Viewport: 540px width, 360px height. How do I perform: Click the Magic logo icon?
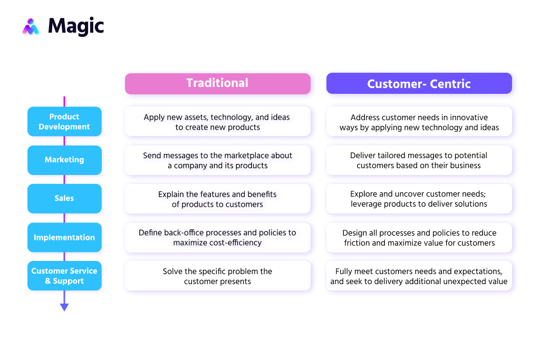point(31,26)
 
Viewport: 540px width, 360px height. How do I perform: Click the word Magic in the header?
point(76,26)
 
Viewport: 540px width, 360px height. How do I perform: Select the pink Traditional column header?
point(217,83)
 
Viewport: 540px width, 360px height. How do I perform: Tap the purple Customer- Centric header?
point(419,83)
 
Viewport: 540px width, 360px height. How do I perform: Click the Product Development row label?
point(64,122)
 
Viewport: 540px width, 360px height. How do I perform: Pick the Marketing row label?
point(64,160)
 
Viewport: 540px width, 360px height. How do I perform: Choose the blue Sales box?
point(64,198)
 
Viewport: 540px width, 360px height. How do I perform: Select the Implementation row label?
point(64,237)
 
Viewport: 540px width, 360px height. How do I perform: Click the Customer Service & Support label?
point(64,276)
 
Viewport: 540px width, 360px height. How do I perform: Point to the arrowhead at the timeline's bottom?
point(64,307)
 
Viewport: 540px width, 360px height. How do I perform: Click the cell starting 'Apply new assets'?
point(217,122)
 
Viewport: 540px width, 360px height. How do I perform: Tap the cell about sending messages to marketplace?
point(217,160)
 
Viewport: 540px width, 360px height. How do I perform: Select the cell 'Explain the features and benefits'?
point(217,199)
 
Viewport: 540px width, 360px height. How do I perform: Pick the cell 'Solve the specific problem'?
point(217,276)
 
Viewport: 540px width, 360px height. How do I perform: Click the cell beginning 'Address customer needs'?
point(419,122)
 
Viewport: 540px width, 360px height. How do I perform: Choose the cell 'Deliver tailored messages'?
point(419,160)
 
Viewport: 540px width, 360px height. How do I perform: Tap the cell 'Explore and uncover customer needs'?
point(419,199)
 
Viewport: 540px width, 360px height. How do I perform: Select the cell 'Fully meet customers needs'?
point(419,276)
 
